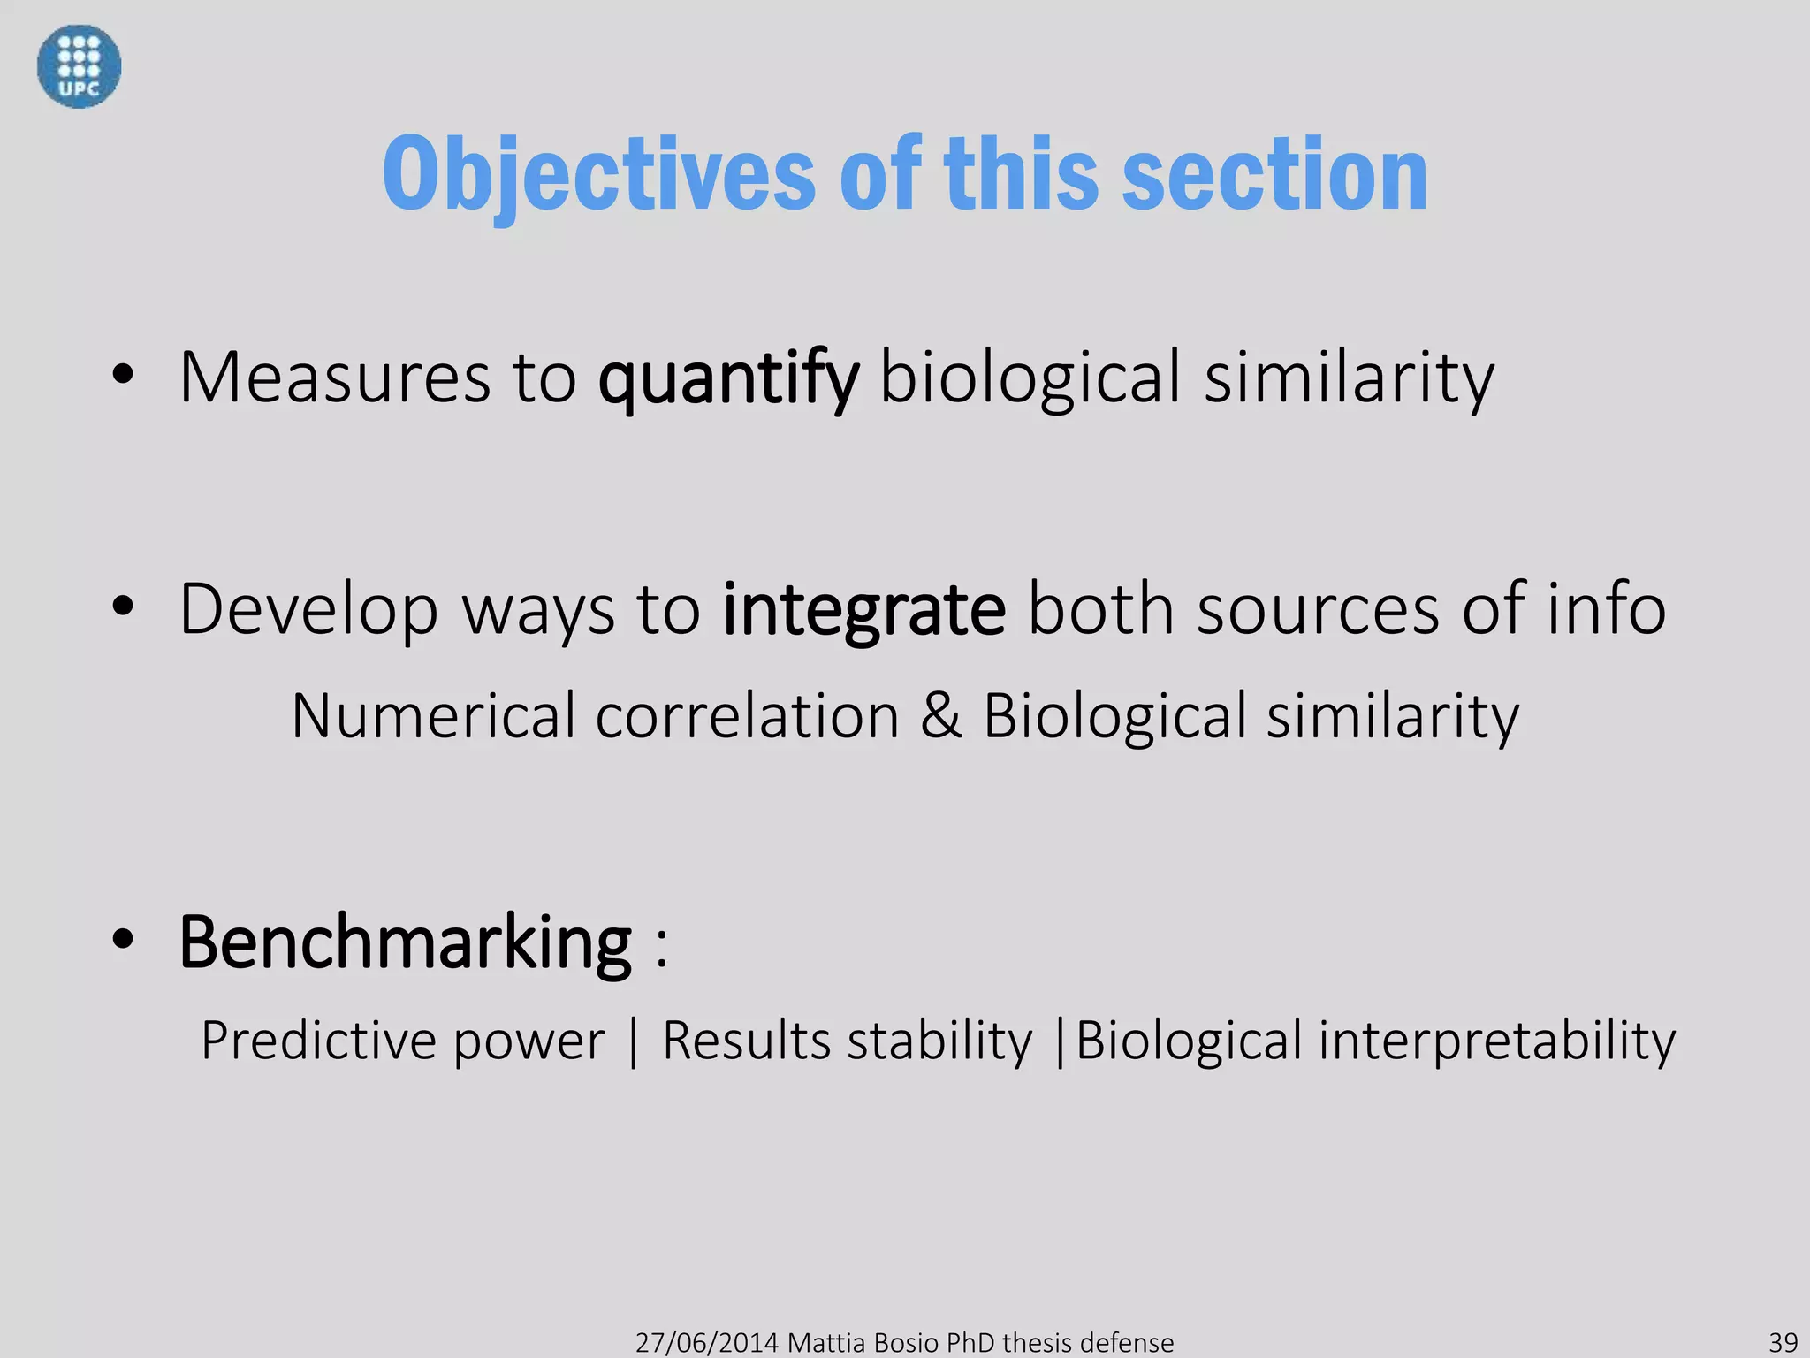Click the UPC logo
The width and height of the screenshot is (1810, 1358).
click(79, 66)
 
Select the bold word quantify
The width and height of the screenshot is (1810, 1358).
click(727, 378)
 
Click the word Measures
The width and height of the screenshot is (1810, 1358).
click(334, 378)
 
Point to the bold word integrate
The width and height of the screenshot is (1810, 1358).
click(863, 609)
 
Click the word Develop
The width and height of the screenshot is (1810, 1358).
click(308, 610)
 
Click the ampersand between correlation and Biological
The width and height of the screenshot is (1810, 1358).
click(940, 715)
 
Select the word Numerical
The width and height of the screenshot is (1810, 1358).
click(433, 715)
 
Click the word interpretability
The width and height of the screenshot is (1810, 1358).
click(1496, 1041)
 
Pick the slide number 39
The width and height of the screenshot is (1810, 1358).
click(1783, 1342)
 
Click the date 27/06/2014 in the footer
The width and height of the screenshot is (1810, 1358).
click(706, 1342)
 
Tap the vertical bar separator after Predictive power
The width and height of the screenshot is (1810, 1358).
click(633, 1041)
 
